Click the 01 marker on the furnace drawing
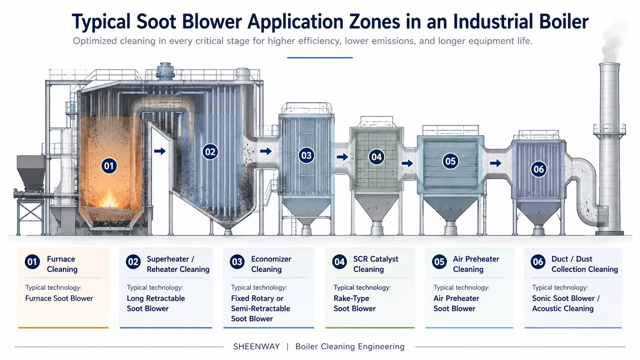click(x=109, y=166)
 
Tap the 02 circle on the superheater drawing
click(x=210, y=151)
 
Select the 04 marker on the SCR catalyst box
click(x=376, y=157)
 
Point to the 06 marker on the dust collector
click(x=539, y=169)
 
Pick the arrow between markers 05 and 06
click(x=496, y=163)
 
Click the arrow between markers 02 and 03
click(x=266, y=151)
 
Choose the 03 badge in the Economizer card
click(x=237, y=262)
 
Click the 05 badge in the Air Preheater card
click(x=439, y=262)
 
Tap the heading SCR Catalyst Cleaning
click(x=376, y=264)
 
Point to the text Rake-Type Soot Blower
click(x=354, y=303)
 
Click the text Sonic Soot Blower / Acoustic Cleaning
click(x=566, y=303)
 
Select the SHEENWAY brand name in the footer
click(x=256, y=347)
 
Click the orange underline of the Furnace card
click(x=63, y=328)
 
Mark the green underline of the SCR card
click(x=370, y=328)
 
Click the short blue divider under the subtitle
click(x=320, y=58)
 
